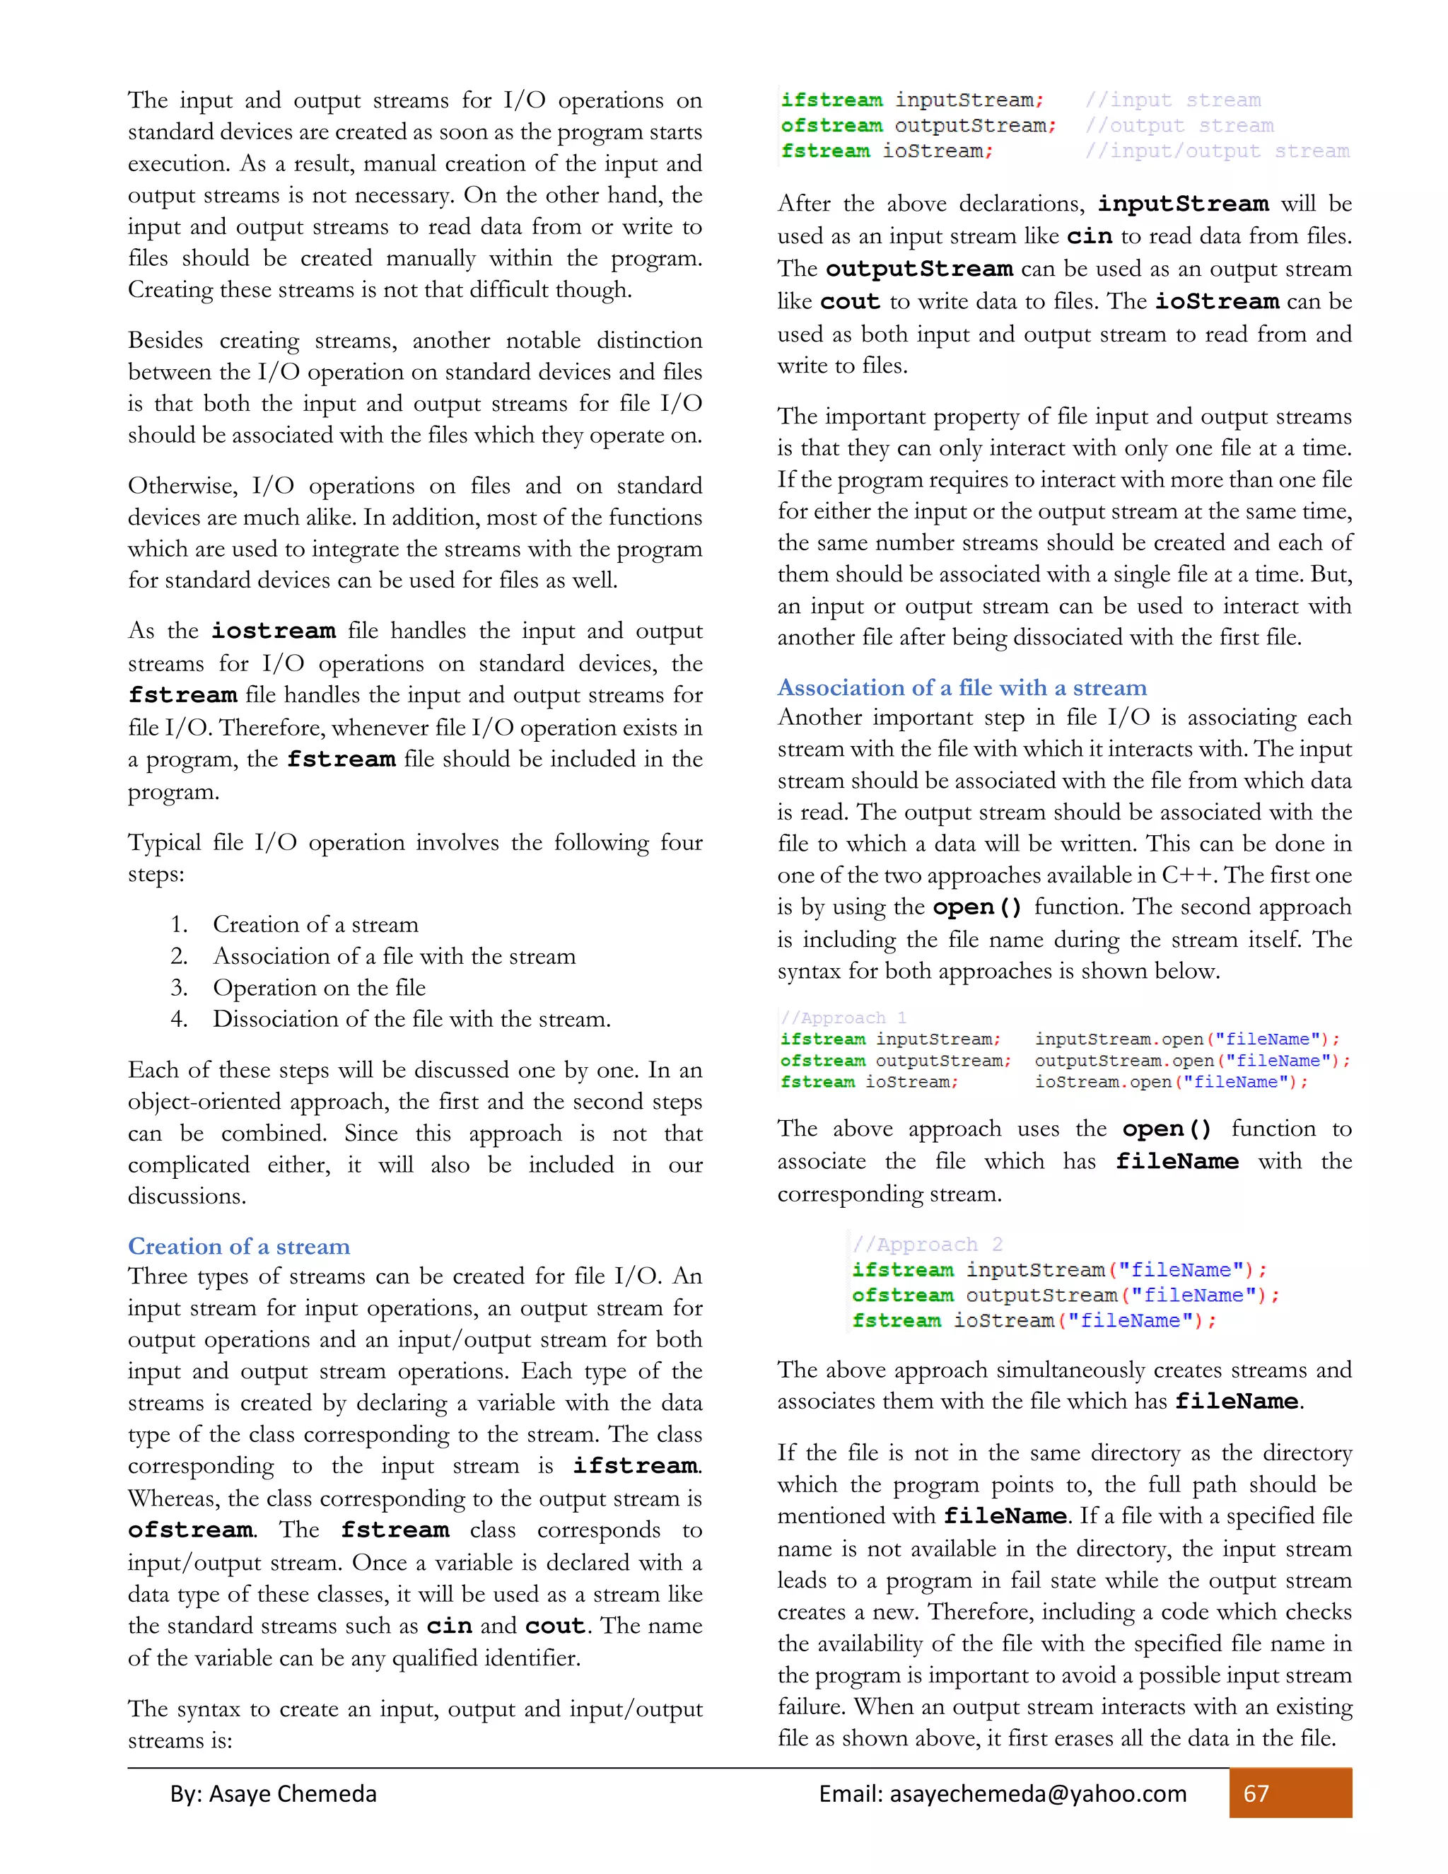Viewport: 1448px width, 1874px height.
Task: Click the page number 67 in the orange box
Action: (x=1256, y=1793)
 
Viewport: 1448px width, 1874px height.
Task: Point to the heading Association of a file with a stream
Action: (x=962, y=687)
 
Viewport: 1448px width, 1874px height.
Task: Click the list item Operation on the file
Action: (x=319, y=988)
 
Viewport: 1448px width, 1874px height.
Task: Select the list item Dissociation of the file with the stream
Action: (x=411, y=1019)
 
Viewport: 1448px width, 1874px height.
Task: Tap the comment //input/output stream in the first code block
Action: (x=1216, y=151)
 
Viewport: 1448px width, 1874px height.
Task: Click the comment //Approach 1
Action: (x=844, y=1018)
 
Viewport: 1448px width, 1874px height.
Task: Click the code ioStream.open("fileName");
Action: (x=1171, y=1082)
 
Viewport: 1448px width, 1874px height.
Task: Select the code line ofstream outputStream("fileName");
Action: (x=1065, y=1295)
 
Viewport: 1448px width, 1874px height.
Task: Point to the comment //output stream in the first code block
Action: (x=1179, y=125)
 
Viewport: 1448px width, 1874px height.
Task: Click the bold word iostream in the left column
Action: (x=274, y=632)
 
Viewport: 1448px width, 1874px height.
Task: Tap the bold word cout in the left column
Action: (x=555, y=1626)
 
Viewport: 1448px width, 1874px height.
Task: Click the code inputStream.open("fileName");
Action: (x=1187, y=1039)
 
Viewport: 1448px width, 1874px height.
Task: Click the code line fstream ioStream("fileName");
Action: (x=1034, y=1320)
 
